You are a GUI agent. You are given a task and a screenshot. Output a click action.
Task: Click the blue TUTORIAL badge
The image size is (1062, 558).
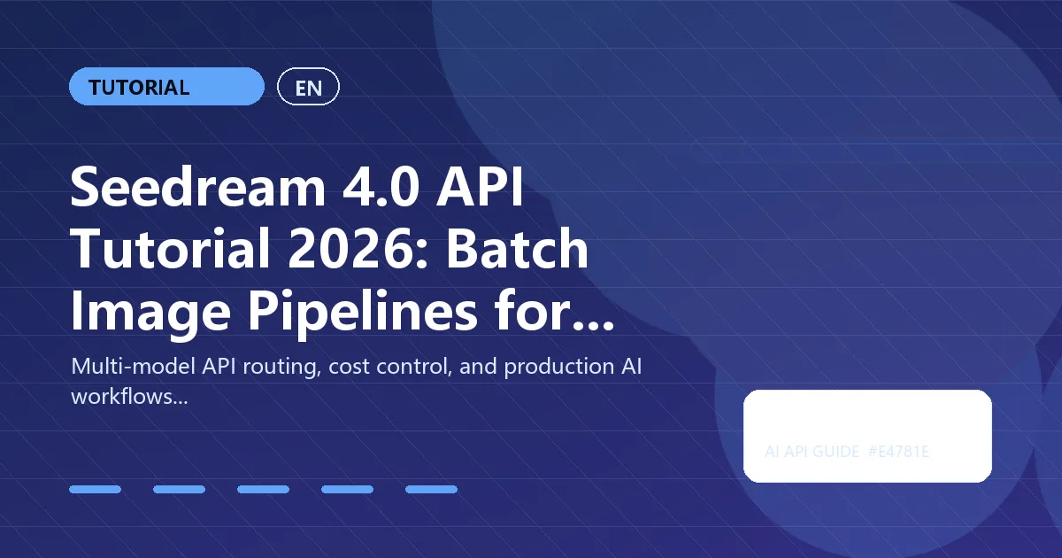(166, 87)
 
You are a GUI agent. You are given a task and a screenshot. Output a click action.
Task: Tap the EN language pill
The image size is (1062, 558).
(308, 87)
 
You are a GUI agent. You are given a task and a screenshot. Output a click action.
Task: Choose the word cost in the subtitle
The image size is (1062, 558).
(346, 368)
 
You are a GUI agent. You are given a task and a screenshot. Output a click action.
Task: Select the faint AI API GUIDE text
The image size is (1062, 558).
(812, 453)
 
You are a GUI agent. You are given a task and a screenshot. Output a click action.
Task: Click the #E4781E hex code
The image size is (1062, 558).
(898, 453)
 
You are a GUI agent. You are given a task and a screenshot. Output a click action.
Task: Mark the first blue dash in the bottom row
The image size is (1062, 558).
(95, 489)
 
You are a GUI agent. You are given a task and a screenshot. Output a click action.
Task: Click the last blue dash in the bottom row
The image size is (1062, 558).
(431, 489)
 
